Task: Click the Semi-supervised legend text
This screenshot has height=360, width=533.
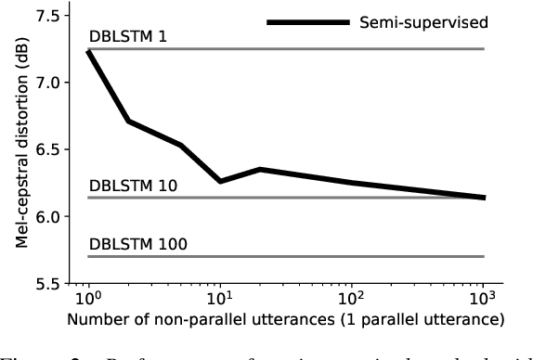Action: point(409,20)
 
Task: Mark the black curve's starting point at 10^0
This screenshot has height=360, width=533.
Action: point(88,52)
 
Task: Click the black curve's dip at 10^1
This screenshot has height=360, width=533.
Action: point(220,181)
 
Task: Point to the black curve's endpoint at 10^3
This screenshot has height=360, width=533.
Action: point(484,197)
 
